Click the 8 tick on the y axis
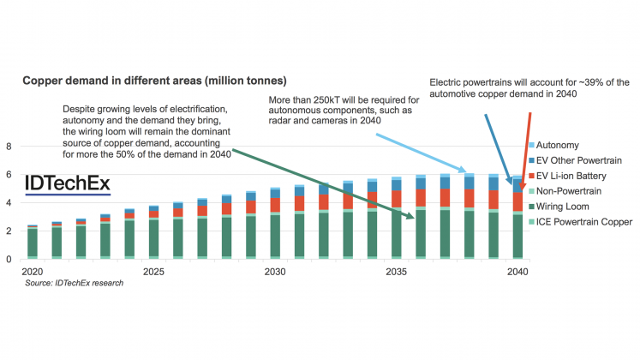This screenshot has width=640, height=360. (x=9, y=147)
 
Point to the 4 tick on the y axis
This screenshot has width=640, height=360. (x=9, y=203)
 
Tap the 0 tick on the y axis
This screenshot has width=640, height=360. (x=9, y=259)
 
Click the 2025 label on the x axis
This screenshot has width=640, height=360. (x=153, y=272)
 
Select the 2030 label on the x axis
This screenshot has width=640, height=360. (x=275, y=272)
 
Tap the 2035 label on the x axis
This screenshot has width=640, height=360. (x=397, y=272)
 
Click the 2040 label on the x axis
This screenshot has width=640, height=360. (x=517, y=272)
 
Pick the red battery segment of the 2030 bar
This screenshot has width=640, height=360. (x=275, y=206)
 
